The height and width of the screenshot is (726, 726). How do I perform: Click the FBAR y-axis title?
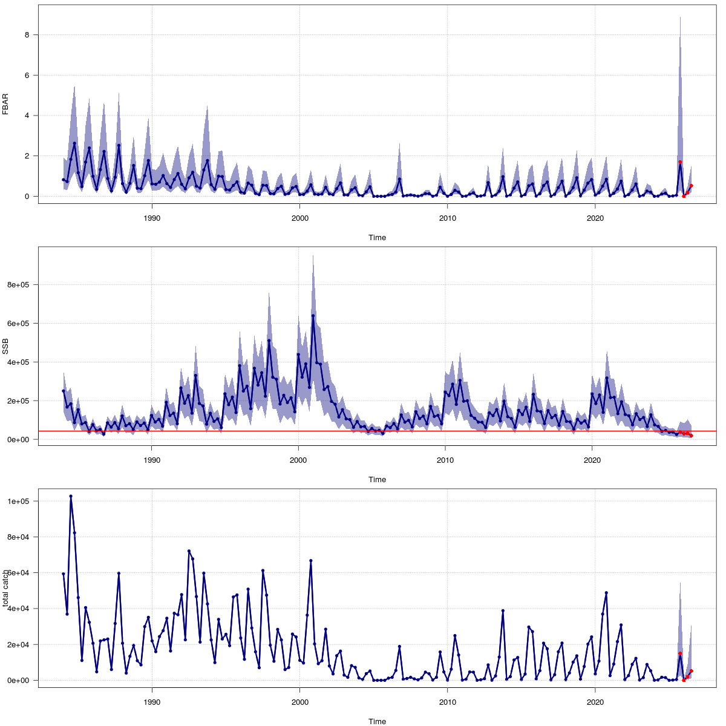coord(5,105)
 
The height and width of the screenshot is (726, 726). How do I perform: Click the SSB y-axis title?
coord(5,346)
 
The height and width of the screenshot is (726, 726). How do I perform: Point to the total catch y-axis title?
coord(5,588)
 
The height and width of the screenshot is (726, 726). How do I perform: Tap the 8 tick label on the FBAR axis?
coord(27,35)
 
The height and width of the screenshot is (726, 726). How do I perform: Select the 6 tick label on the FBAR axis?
coord(27,76)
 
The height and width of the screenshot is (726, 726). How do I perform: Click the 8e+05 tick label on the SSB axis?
coord(20,284)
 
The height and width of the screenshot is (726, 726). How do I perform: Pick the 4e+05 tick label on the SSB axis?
coord(20,362)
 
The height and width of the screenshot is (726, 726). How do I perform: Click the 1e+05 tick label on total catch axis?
coord(20,502)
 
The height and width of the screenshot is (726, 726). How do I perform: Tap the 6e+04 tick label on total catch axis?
coord(20,572)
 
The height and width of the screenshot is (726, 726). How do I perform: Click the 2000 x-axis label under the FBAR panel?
coord(299,218)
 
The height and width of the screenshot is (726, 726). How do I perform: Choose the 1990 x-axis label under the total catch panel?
coord(152,702)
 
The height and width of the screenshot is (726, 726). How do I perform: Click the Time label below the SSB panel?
coord(377,480)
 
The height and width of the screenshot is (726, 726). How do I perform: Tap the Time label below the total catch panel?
coord(377,721)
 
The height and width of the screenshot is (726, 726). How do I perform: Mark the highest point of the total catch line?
coord(71,496)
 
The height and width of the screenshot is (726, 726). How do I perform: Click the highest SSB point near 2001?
coord(313,316)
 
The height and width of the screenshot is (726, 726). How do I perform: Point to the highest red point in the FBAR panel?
coord(680,162)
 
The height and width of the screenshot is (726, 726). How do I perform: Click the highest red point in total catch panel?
coord(680,653)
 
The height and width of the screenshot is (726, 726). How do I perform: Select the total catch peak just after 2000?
coord(311,561)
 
